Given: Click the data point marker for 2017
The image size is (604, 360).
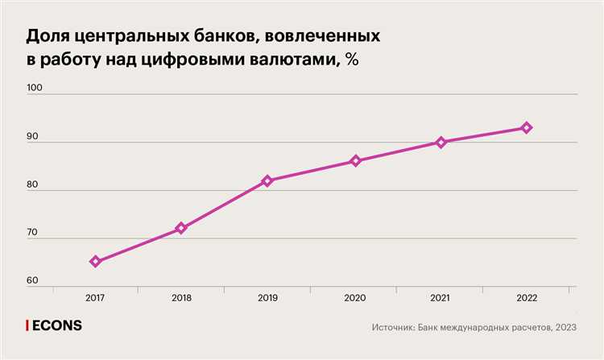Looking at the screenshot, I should (95, 261).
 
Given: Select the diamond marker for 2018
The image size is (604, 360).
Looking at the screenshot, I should (181, 228).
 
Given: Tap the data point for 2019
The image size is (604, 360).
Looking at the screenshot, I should (267, 180).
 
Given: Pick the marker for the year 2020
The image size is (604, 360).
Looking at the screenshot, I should (354, 161).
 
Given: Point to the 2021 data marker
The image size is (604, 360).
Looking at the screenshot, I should (441, 143).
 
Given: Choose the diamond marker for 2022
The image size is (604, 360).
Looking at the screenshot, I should (527, 128).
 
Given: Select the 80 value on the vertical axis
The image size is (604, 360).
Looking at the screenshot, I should (34, 185).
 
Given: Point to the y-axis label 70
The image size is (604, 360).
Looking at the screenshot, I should (34, 233).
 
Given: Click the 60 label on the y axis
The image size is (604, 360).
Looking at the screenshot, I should (34, 280).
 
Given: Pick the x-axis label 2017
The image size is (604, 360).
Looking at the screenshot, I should (95, 298).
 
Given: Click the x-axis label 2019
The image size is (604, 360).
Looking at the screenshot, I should (267, 298).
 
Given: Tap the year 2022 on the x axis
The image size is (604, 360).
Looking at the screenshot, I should (527, 298).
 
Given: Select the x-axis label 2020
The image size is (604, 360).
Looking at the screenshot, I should (354, 298).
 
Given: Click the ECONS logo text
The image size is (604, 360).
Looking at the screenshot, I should (57, 326).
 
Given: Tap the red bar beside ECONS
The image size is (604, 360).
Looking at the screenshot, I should (28, 326).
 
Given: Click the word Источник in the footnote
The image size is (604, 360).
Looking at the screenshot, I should (395, 328).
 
